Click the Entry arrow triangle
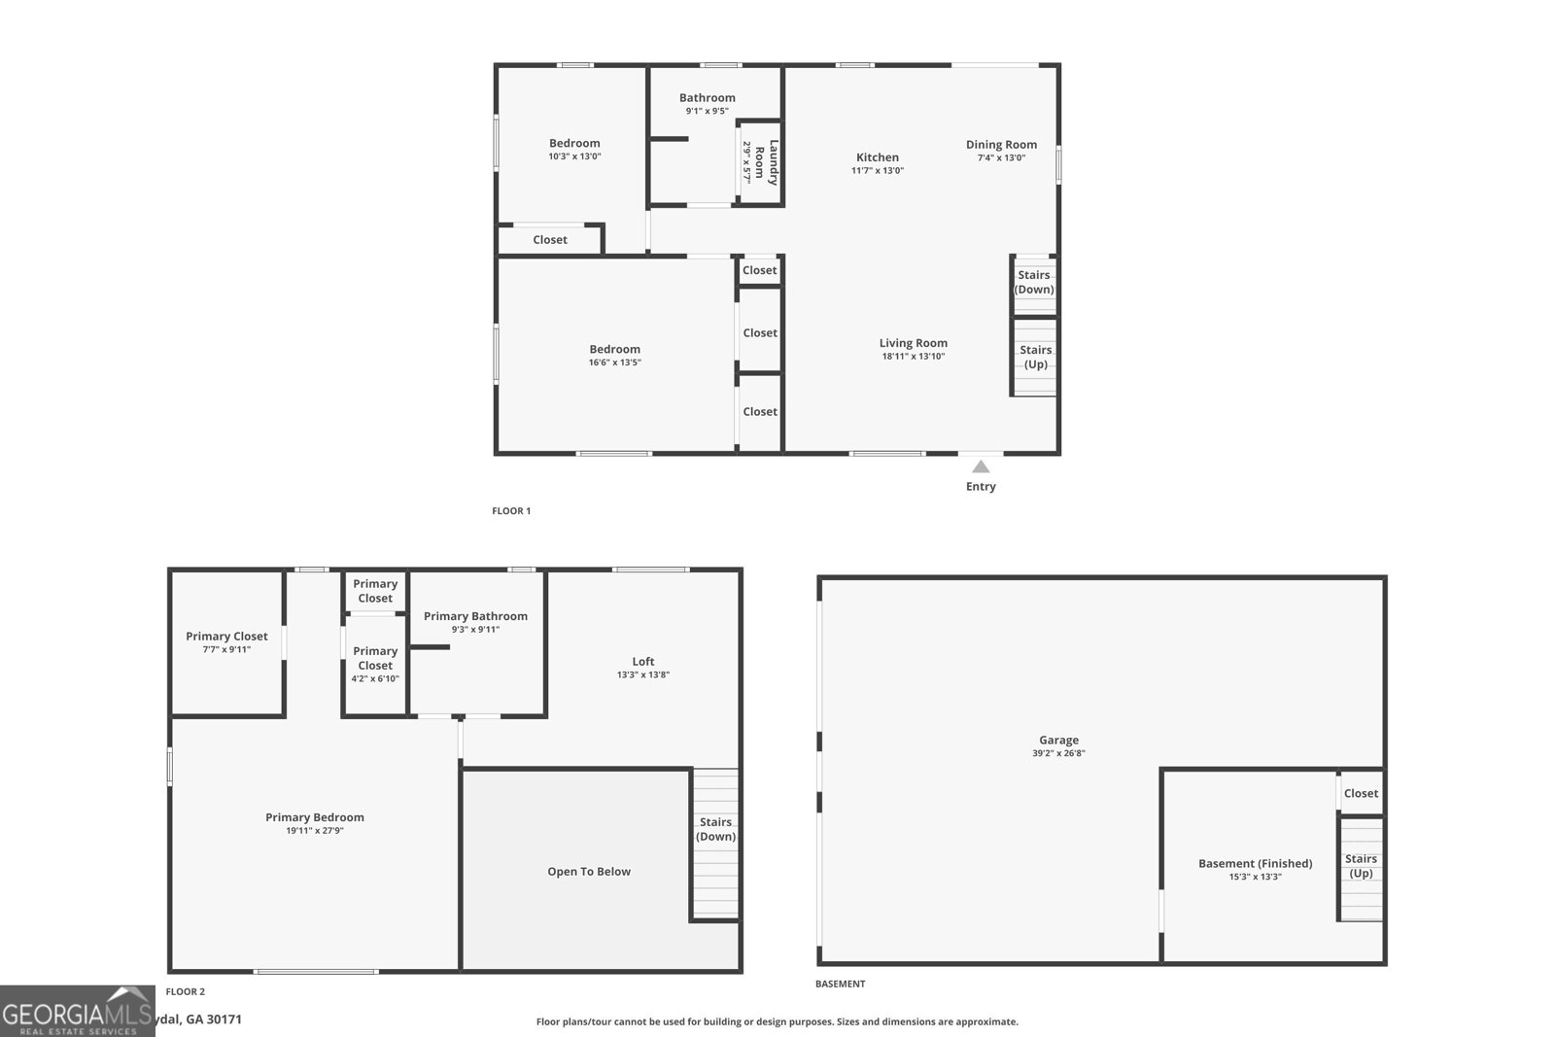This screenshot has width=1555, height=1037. coord(981,467)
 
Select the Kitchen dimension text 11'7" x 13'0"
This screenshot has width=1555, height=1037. coord(878,171)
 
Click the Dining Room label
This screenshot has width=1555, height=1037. coord(1001,145)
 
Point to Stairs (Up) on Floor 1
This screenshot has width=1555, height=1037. coord(1035,357)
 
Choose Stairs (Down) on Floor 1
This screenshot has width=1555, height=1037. coord(1034,282)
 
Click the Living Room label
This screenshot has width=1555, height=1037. coord(913,343)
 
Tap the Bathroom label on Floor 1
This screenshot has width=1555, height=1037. coord(707,98)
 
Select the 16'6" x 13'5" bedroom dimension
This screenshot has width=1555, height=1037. coord(614,363)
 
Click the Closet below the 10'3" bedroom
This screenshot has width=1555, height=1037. coord(550,240)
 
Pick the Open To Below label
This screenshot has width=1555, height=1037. coord(589,872)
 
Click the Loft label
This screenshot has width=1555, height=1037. coord(642,662)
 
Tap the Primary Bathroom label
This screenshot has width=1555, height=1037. coord(475,616)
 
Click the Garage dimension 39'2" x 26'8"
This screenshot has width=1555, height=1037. coord(1058,753)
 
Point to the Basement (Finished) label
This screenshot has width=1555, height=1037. coord(1255,863)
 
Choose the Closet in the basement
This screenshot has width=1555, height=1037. coord(1361,793)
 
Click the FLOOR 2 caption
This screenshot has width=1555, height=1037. coord(185,992)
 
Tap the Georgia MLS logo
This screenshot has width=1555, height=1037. coord(77,1011)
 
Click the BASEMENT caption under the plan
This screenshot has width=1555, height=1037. coord(840,984)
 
